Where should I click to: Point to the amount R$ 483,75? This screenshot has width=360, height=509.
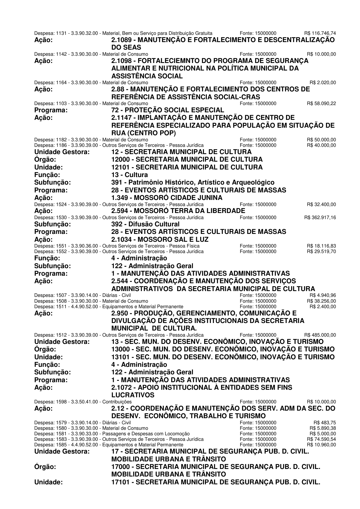325,422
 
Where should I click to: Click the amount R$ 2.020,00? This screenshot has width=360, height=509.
323,83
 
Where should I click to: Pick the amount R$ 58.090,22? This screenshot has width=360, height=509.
321,103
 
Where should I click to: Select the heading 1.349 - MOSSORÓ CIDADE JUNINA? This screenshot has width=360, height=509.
167,198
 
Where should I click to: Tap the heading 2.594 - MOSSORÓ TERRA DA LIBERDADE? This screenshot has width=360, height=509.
178,211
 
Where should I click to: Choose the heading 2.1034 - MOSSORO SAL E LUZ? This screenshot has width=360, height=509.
160,239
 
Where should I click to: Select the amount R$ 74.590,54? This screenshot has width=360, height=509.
321,439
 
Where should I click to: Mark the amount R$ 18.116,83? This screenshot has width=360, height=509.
321,246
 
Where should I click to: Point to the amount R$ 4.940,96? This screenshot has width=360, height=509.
323,295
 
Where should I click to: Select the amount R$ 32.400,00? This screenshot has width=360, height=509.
321,204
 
